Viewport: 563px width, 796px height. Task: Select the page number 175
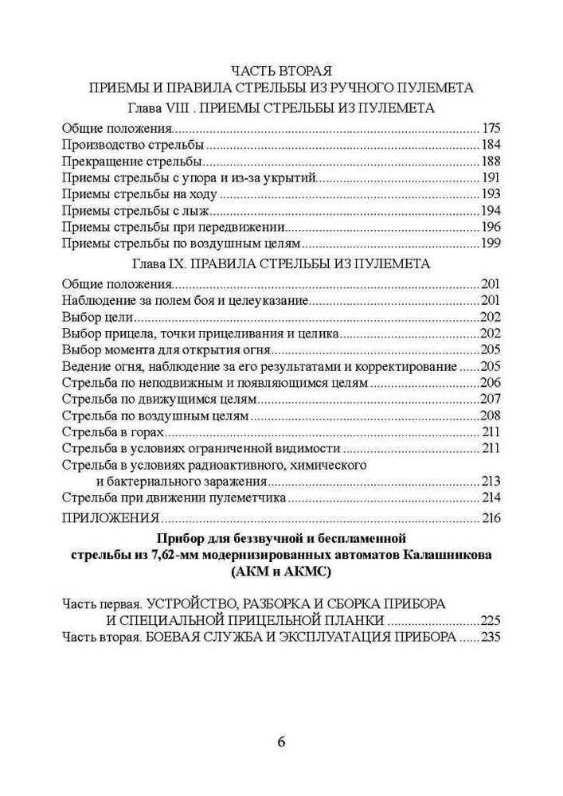click(491, 128)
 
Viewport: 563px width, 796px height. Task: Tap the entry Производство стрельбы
click(132, 145)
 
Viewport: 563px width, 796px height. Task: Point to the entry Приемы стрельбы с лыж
click(137, 211)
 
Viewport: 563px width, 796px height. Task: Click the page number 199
click(491, 244)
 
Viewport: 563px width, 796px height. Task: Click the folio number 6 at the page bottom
click(281, 743)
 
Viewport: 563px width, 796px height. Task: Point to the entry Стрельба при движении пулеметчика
click(173, 498)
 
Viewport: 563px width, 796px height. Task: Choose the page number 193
click(491, 194)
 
